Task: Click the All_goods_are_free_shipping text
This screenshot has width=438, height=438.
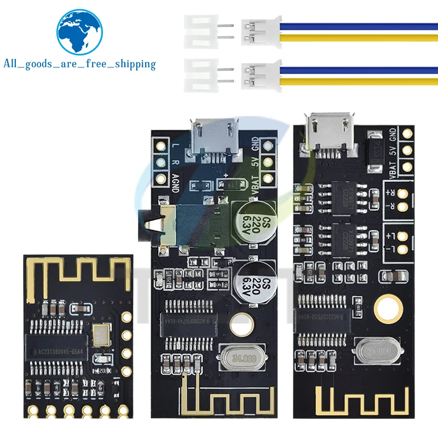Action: (x=80, y=64)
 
